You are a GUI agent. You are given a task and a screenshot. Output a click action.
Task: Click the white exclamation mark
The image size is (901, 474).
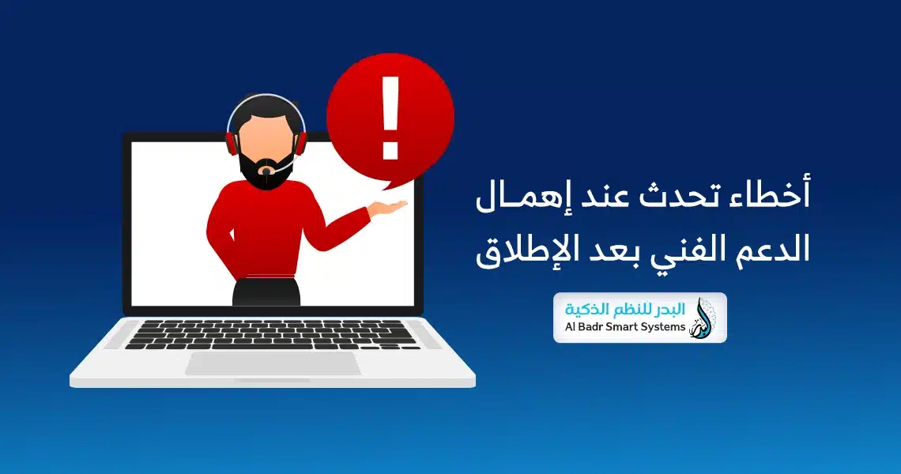pos(390,118)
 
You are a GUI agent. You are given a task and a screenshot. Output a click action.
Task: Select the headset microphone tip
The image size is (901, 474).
pos(266,171)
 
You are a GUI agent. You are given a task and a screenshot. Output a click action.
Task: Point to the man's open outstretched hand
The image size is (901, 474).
pos(388,208)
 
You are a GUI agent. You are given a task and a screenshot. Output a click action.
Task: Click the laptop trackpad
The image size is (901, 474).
pos(273,363)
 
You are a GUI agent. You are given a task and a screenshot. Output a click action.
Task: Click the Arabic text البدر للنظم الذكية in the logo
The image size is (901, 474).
pos(624,309)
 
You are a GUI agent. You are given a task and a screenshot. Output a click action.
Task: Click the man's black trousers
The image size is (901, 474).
pos(266,292)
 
